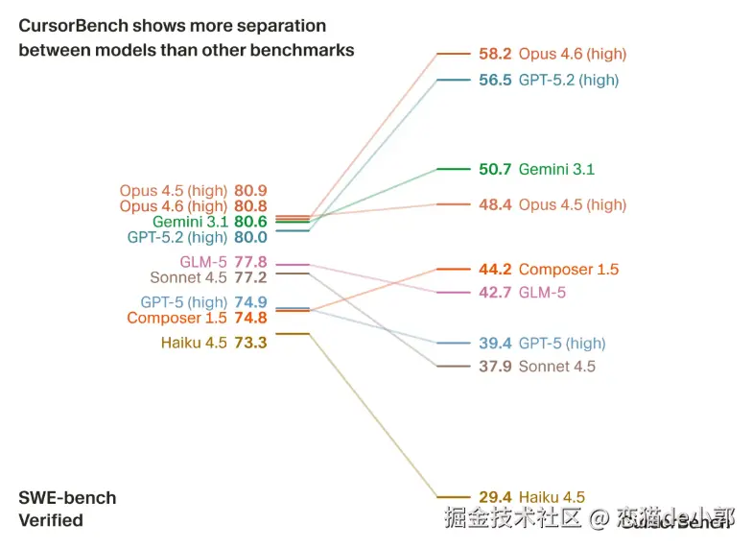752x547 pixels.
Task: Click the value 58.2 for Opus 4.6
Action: (x=495, y=54)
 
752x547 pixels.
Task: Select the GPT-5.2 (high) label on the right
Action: (x=569, y=81)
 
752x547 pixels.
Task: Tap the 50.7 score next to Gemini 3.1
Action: (x=495, y=169)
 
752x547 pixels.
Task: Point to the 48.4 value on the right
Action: (x=495, y=204)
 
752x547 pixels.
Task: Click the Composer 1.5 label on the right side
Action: (x=569, y=270)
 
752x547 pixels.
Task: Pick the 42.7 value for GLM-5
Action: (x=495, y=293)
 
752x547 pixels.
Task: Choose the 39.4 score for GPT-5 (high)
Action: (x=495, y=344)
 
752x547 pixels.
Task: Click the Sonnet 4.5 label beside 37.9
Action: (x=557, y=367)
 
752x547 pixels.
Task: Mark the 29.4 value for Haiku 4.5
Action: (x=495, y=497)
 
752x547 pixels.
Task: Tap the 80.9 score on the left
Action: (x=250, y=191)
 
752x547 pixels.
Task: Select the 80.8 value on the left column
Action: (x=250, y=206)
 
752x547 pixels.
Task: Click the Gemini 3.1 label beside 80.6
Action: (x=190, y=222)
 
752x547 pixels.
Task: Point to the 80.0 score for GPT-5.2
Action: (x=250, y=237)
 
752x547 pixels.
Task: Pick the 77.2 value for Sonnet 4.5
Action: (x=250, y=278)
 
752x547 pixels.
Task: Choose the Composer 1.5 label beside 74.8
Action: (x=177, y=319)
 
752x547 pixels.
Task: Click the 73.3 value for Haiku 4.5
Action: (x=250, y=342)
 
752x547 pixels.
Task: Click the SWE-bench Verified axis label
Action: (x=67, y=509)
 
